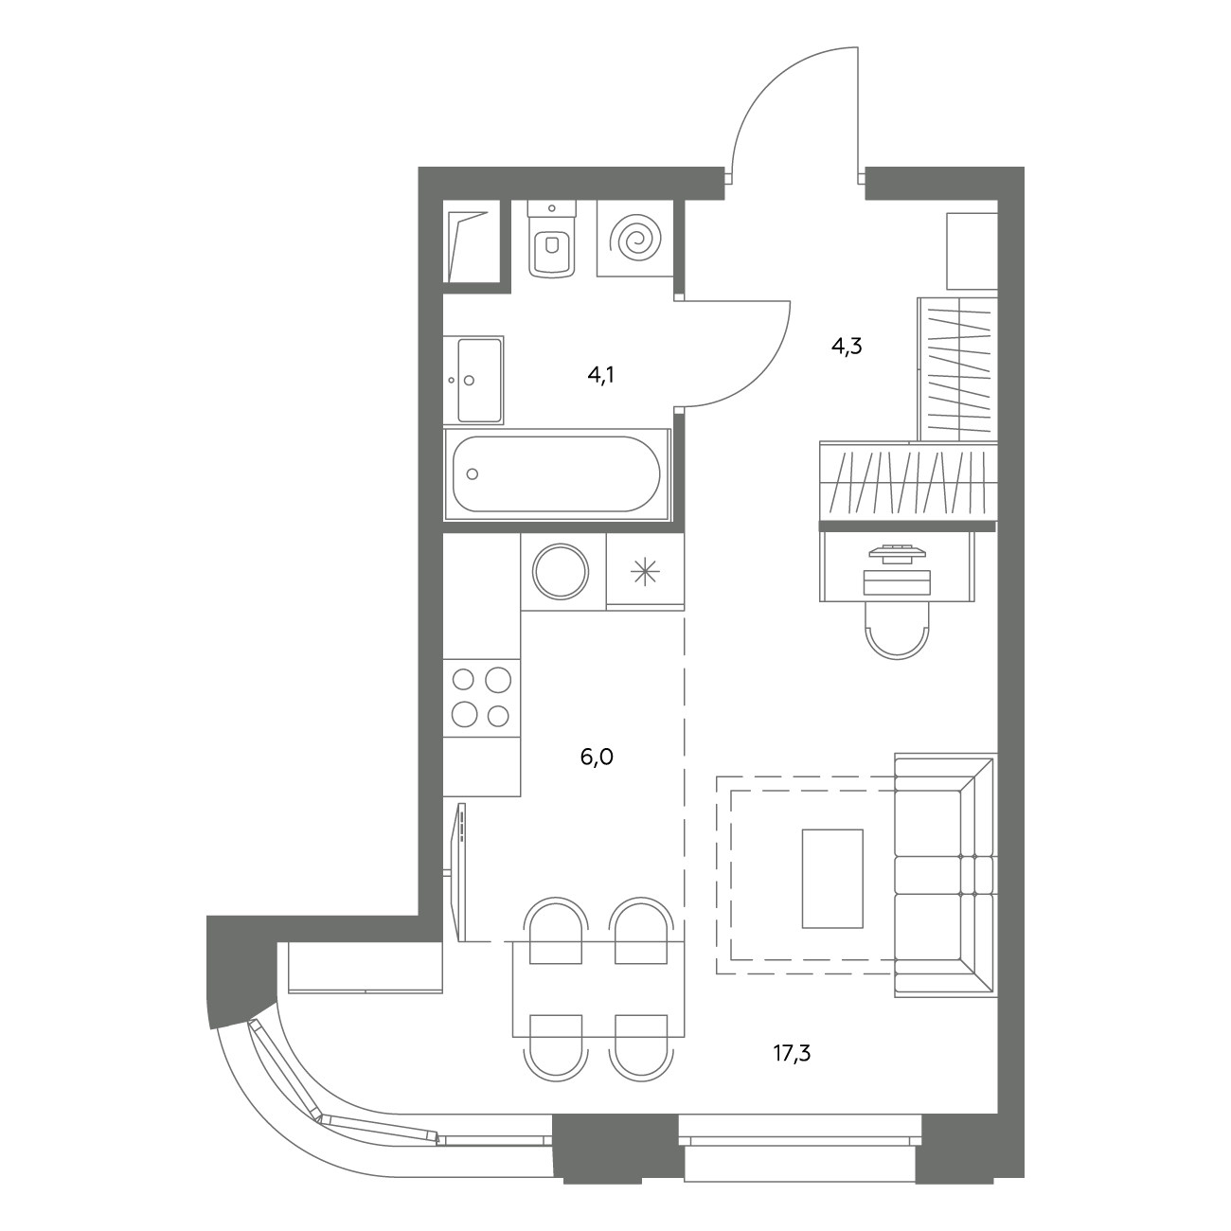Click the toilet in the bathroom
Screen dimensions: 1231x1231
[553, 239]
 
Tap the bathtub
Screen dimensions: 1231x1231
[557, 473]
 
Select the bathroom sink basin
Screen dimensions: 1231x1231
[480, 380]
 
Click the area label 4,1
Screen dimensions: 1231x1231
[600, 375]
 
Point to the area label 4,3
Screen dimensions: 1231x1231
[847, 346]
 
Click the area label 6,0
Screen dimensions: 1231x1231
[597, 757]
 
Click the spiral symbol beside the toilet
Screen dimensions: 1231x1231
[635, 239]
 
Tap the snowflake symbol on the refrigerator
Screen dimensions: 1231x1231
[645, 571]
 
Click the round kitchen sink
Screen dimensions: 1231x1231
[561, 571]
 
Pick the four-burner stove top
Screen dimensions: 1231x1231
[482, 697]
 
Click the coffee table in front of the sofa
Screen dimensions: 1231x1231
[832, 879]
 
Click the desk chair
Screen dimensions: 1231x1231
[897, 630]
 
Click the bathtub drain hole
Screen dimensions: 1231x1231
[473, 474]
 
